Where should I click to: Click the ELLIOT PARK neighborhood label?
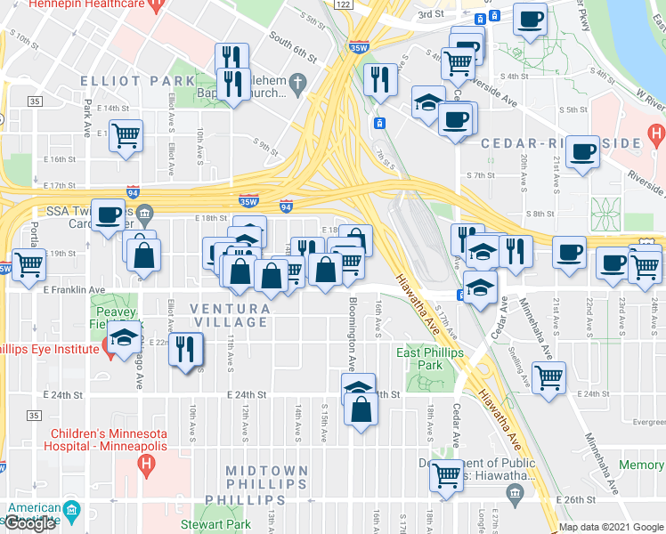[x=137, y=81]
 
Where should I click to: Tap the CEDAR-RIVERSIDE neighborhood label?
[x=561, y=143]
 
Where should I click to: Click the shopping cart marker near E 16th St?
[x=126, y=136]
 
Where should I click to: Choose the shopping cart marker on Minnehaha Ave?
[x=548, y=376]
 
